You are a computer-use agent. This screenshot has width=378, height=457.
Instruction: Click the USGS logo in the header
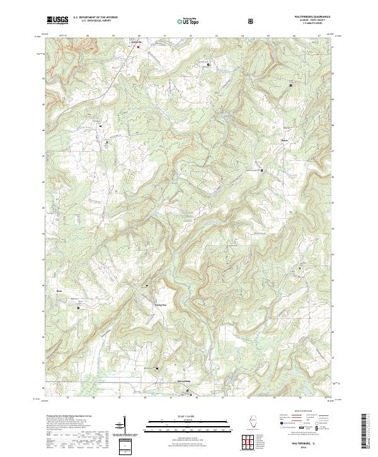coord(58,20)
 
